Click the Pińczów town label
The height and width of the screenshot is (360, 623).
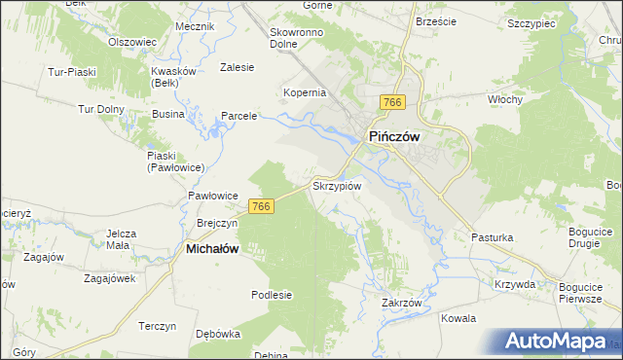[392, 137]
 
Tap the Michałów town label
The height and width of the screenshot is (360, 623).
[212, 249]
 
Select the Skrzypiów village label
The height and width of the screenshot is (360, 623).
[336, 185]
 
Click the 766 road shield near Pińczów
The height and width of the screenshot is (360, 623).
[393, 103]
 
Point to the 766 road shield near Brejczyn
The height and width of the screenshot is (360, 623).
[260, 206]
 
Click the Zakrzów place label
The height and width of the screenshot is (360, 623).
[401, 303]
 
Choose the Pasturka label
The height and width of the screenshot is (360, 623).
[492, 236]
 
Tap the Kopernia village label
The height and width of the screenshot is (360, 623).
[304, 93]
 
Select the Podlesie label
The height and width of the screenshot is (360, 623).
[272, 295]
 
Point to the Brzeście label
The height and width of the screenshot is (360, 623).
[436, 20]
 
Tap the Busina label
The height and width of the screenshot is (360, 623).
[167, 114]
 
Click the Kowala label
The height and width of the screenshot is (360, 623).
[458, 318]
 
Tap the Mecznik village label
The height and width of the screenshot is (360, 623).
[195, 26]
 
